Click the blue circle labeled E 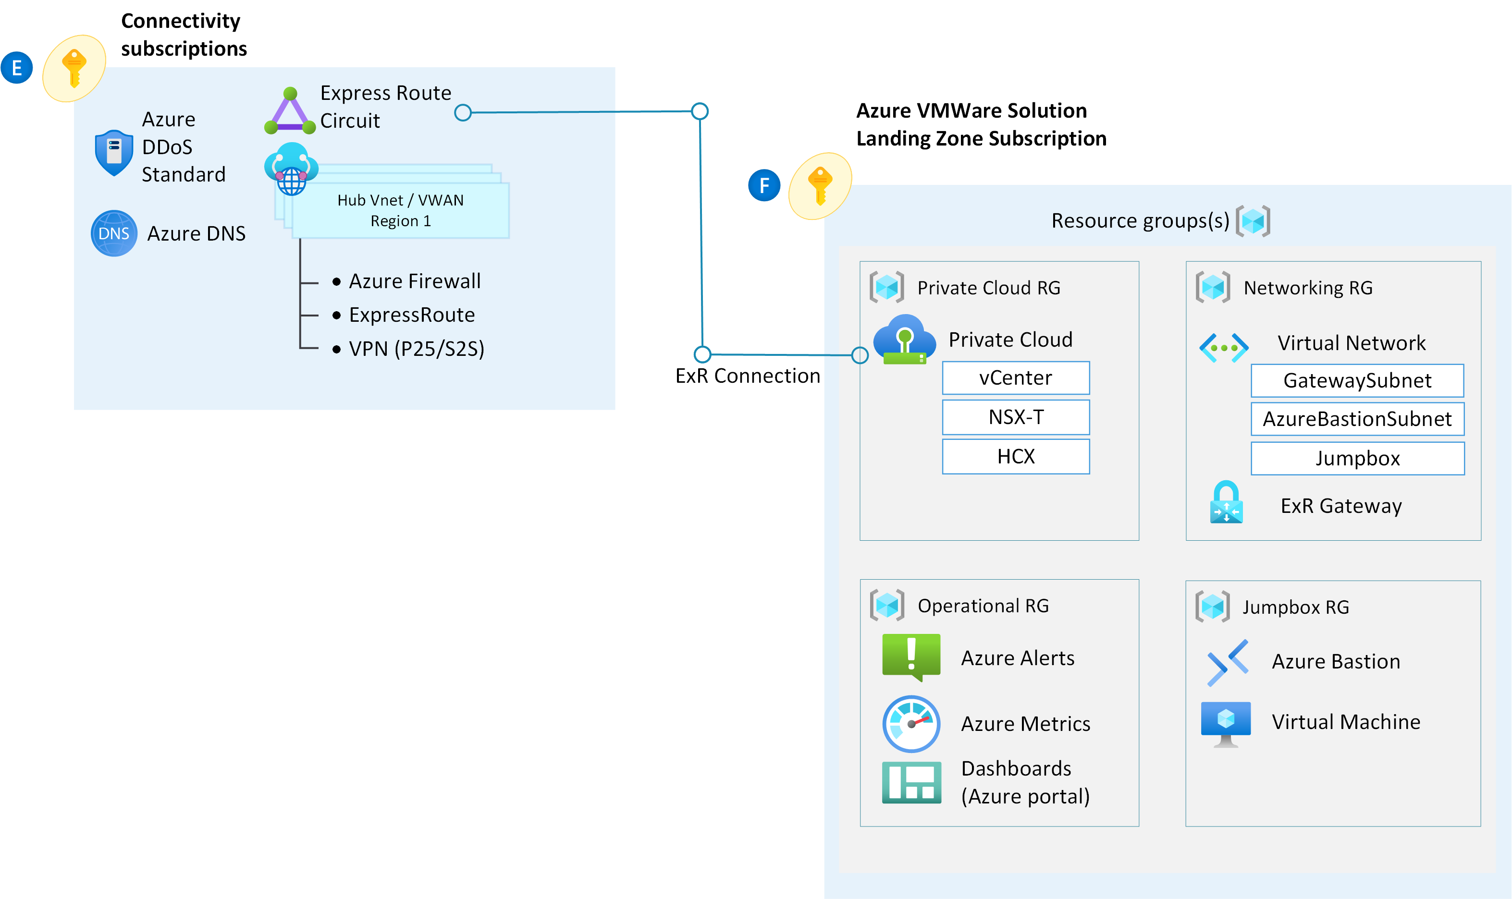[x=16, y=67]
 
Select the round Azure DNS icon [x=113, y=233]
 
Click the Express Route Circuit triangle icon [x=290, y=112]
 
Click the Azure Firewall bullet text [x=415, y=281]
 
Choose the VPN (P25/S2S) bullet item [x=417, y=349]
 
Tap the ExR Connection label [x=747, y=376]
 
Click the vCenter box [x=1015, y=378]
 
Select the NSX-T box [x=1015, y=417]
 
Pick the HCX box [x=1015, y=456]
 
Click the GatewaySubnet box [x=1357, y=380]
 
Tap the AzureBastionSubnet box [x=1357, y=419]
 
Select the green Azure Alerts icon [x=911, y=656]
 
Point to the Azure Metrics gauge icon [x=911, y=723]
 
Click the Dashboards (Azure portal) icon [x=911, y=782]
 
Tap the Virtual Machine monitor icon [x=1225, y=723]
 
